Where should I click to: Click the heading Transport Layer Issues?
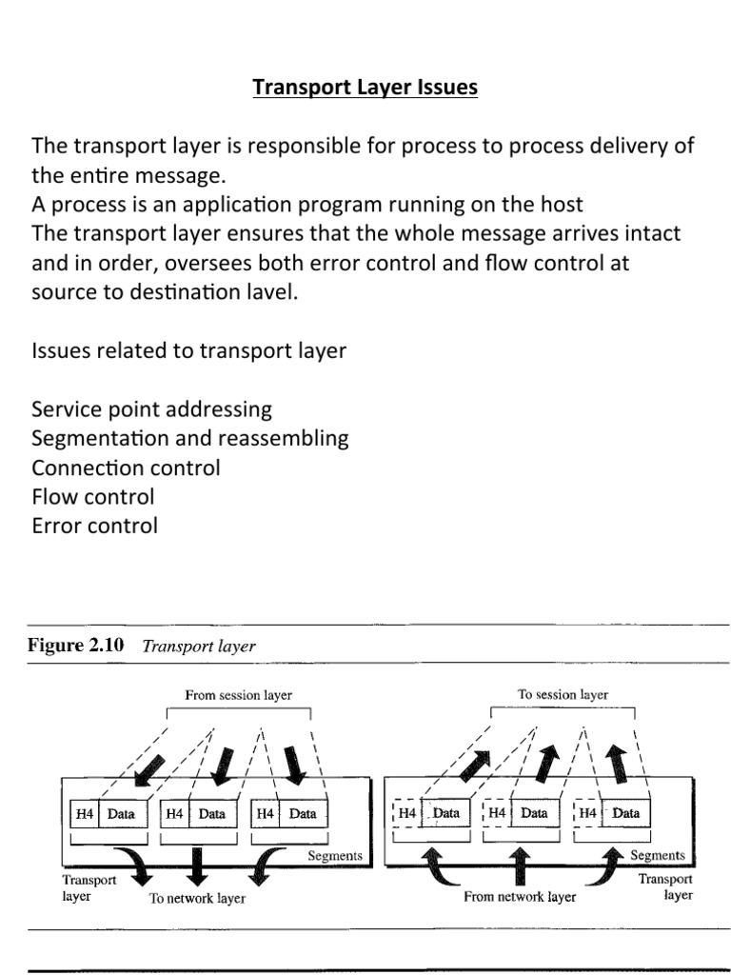click(365, 89)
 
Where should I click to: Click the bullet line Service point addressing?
click(151, 409)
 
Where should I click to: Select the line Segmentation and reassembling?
click(189, 439)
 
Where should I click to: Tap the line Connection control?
click(126, 468)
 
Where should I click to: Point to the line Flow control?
click(92, 496)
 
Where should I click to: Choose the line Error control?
click(94, 526)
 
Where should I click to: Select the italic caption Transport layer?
click(199, 647)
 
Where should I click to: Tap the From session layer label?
click(239, 695)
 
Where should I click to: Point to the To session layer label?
click(563, 695)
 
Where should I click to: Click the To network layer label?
click(197, 898)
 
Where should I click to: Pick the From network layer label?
click(520, 896)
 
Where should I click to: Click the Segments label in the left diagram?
click(335, 855)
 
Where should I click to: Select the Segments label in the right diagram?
click(658, 855)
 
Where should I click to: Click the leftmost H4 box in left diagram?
click(83, 814)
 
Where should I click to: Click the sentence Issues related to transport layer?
click(189, 351)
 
